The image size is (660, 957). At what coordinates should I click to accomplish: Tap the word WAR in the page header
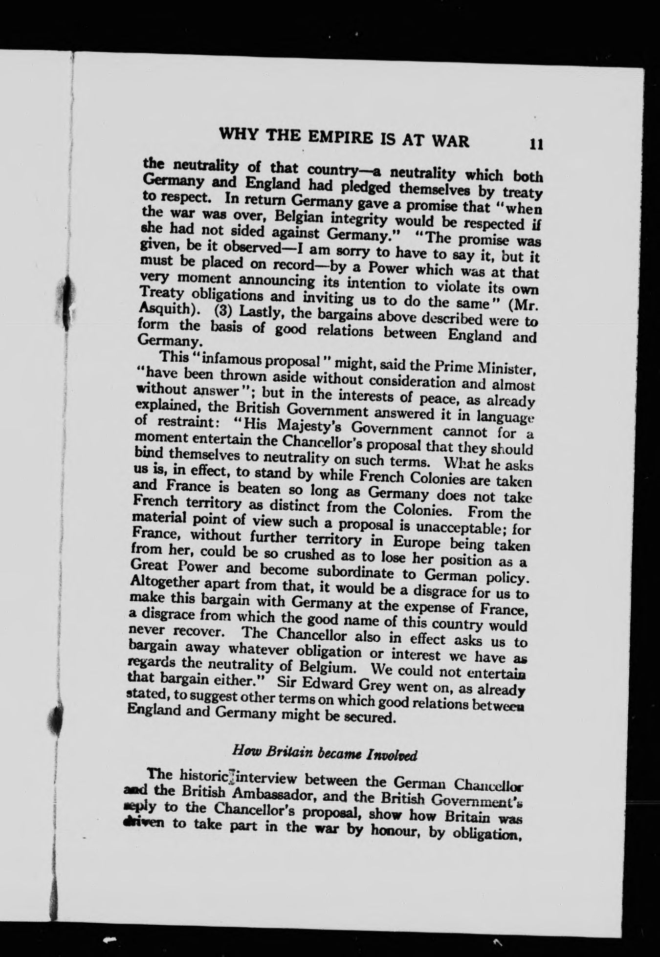pyautogui.click(x=447, y=140)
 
